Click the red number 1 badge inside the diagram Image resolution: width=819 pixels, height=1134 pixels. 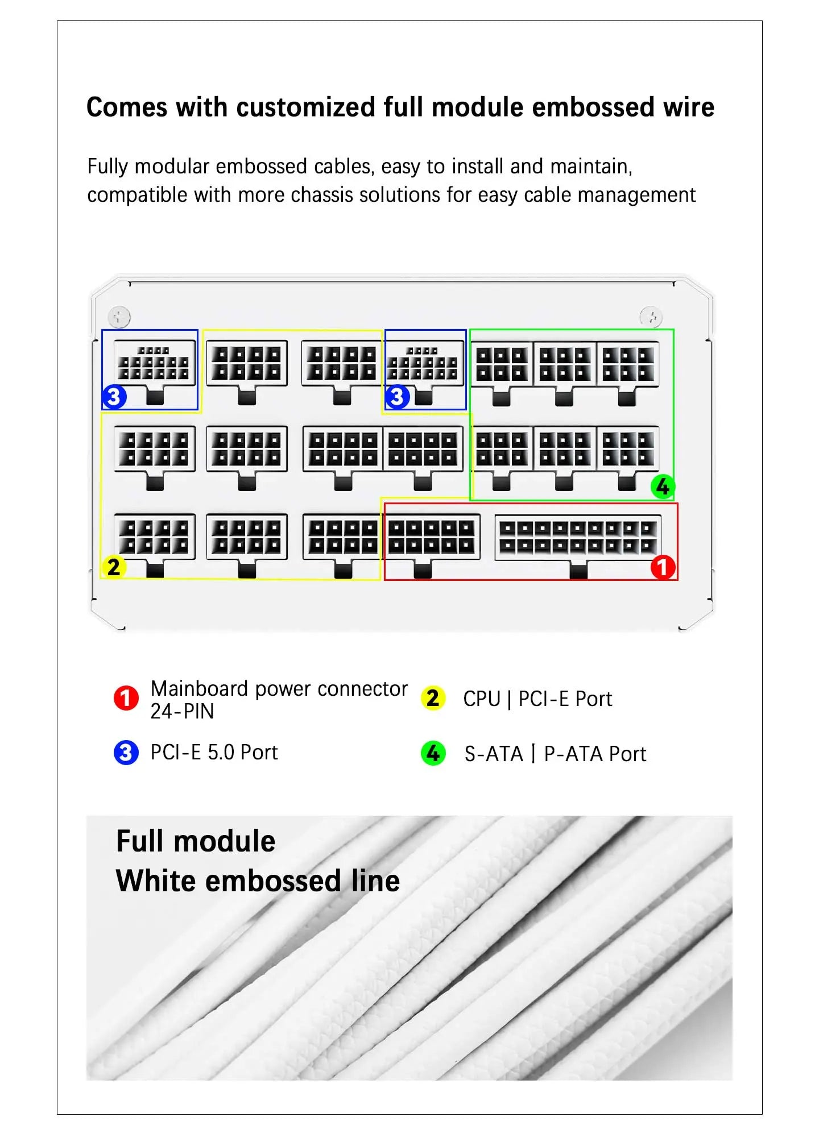[x=663, y=567]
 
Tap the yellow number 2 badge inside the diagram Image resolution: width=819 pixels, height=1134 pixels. [x=114, y=567]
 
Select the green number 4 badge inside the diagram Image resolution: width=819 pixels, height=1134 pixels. [x=663, y=487]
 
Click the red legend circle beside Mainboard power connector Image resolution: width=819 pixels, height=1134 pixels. [x=126, y=698]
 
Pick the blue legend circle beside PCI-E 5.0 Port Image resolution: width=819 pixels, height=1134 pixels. [x=126, y=753]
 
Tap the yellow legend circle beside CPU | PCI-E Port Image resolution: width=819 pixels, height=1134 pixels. [x=433, y=698]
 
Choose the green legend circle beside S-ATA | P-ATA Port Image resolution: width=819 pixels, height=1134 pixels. [x=433, y=753]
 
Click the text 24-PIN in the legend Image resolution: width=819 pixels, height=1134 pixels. [x=182, y=711]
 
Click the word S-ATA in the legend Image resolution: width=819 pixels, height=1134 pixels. [x=494, y=754]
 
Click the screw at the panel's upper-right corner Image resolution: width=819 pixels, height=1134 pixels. [x=651, y=317]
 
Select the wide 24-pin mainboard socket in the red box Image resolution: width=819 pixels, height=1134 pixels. [x=578, y=538]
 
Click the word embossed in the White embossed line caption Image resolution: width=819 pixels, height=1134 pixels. [x=273, y=881]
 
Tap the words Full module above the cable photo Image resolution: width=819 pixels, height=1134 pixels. [x=196, y=841]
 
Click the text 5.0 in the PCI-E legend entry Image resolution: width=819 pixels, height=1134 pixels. [x=221, y=753]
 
